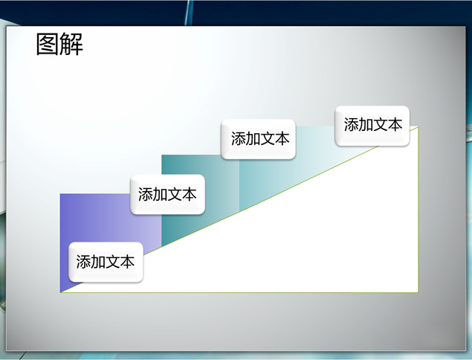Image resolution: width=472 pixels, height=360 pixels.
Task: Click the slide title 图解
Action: click(x=59, y=45)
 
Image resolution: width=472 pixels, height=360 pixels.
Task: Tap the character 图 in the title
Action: click(x=48, y=45)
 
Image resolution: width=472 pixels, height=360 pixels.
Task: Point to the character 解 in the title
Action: click(x=71, y=45)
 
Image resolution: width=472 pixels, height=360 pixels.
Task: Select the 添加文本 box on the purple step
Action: click(x=106, y=262)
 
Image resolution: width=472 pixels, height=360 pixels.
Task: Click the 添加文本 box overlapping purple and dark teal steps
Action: click(x=168, y=194)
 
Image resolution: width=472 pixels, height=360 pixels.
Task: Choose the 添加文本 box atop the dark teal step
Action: click(x=258, y=139)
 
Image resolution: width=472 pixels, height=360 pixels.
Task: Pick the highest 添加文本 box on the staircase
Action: click(x=372, y=126)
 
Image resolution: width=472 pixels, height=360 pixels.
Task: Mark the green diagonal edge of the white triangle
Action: click(x=239, y=210)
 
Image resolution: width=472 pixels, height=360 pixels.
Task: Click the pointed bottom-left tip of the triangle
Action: click(x=60, y=292)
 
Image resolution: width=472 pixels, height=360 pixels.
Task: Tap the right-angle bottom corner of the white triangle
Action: click(x=418, y=292)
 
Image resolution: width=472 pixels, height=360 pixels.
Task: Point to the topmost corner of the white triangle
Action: click(x=418, y=127)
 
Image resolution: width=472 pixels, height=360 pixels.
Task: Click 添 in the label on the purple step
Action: click(x=83, y=262)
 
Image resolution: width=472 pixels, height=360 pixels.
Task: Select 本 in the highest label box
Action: click(x=395, y=125)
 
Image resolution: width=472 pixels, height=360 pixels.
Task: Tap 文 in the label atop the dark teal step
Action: click(x=268, y=139)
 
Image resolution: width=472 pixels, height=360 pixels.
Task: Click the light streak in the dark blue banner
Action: click(x=189, y=13)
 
